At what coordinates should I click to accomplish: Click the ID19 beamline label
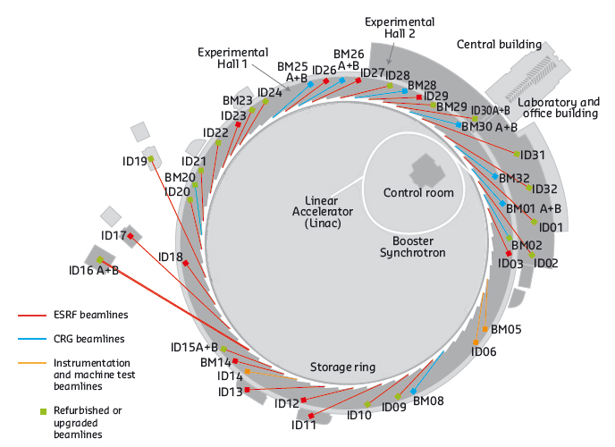coord(135,161)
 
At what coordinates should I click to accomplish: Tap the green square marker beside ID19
coord(152,159)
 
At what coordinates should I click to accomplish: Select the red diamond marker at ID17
coord(131,236)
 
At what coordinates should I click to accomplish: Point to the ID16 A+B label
coord(94,270)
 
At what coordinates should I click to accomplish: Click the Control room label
coord(418,193)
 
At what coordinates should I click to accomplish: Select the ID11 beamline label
coord(304,425)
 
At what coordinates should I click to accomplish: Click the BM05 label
coord(505,330)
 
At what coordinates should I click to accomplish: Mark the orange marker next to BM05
coord(485,330)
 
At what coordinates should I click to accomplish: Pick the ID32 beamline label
coord(543,190)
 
